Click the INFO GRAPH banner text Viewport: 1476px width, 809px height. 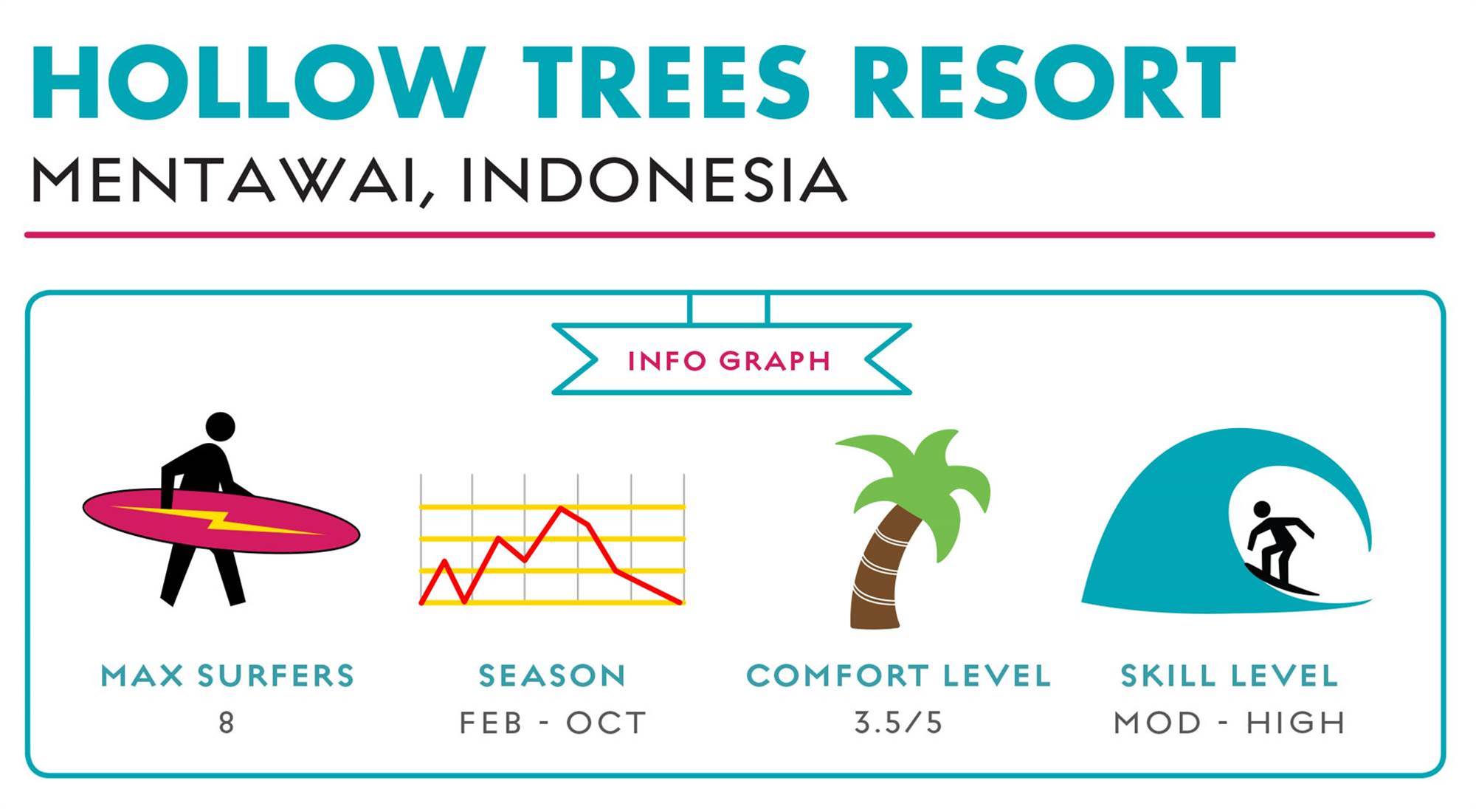point(729,361)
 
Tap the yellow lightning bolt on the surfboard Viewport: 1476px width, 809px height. point(218,520)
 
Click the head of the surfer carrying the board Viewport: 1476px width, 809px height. point(220,427)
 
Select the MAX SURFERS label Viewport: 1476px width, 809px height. point(227,676)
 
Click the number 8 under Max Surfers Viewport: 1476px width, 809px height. point(227,722)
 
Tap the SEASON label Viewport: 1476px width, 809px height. point(552,676)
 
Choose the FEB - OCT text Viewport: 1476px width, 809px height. point(553,723)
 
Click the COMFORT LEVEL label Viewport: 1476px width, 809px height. point(898,676)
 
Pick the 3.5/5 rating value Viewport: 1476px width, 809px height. point(898,723)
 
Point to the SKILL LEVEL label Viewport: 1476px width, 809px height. point(1229,676)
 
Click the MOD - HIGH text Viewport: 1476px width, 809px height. point(1230,723)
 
